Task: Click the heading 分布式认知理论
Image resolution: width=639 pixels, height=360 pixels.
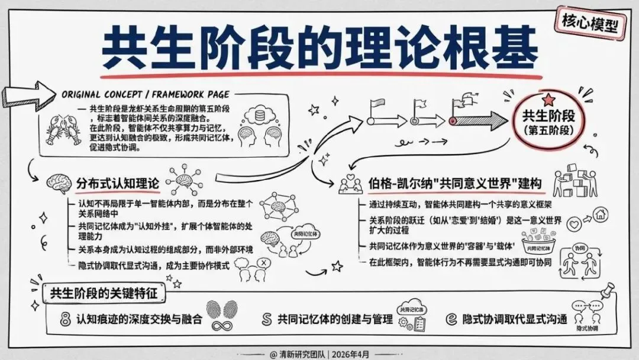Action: (x=118, y=182)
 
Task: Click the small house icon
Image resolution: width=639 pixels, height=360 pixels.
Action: (x=599, y=213)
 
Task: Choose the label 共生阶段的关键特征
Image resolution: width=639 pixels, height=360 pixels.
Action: (x=106, y=292)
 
